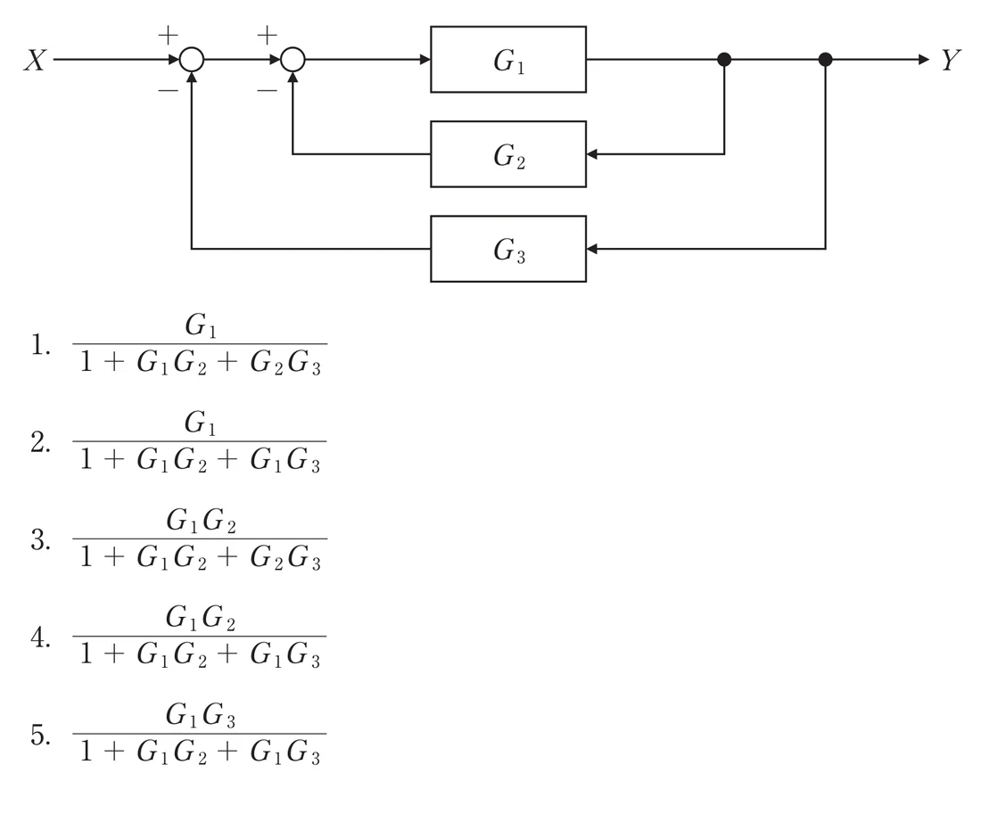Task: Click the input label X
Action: [35, 61]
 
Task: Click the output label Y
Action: [951, 61]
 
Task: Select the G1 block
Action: [508, 60]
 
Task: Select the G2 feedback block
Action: [508, 154]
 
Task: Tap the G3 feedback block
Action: [508, 249]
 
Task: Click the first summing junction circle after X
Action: [192, 60]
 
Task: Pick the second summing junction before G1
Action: [293, 60]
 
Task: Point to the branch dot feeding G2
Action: [724, 60]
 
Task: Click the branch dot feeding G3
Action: [825, 60]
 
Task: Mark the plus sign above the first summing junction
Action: [168, 35]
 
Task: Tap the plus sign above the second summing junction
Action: [268, 35]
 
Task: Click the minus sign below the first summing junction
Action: [168, 91]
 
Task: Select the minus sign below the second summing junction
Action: [268, 91]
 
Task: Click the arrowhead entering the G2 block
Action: [592, 154]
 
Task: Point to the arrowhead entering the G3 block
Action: [592, 249]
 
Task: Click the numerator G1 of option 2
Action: [200, 423]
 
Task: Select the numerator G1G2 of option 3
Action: [200, 520]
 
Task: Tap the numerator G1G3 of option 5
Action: [200, 714]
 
